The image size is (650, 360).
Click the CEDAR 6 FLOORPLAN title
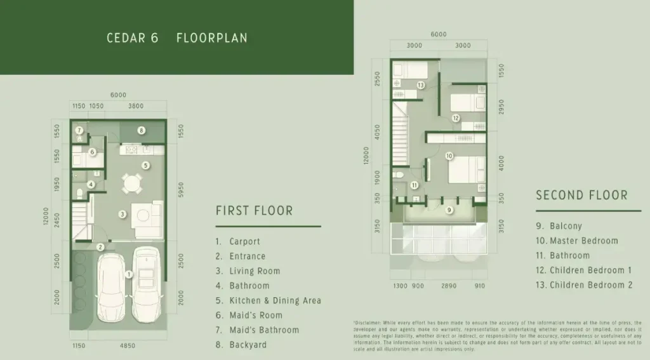177,38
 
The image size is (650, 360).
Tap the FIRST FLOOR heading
254,211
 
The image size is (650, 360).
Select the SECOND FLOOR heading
581,196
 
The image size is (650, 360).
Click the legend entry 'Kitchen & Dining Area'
275,300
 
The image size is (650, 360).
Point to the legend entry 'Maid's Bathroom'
264,330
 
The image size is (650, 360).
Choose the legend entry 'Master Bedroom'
583,241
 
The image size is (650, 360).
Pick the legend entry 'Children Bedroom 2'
590,285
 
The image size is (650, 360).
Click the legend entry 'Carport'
244,241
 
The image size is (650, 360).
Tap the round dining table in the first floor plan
132,184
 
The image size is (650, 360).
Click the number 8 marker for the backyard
141,130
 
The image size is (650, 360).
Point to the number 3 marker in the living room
123,215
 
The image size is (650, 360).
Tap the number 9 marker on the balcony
449,210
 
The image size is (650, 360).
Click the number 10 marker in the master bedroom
448,156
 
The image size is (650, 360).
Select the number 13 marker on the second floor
420,85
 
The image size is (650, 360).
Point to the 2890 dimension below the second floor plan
449,286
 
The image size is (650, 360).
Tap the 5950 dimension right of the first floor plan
182,189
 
